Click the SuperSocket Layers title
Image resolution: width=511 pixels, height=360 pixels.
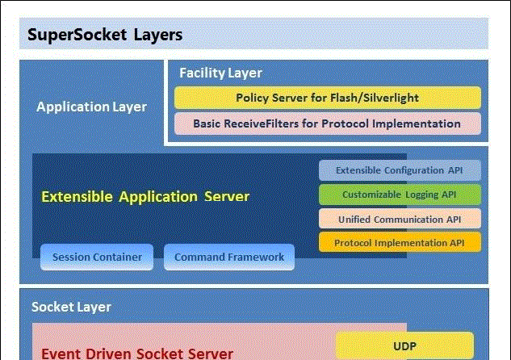click(x=106, y=35)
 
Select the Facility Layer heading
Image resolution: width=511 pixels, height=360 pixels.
click(x=220, y=73)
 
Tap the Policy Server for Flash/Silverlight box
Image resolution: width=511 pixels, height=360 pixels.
click(x=327, y=98)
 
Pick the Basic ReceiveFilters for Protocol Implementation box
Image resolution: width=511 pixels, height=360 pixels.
click(x=327, y=123)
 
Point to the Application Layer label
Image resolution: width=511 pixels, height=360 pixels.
click(x=92, y=107)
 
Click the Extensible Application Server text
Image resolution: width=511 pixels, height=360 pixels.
click(x=145, y=196)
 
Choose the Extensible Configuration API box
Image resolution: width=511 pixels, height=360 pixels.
click(x=400, y=170)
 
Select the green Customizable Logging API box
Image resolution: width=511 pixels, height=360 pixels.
click(x=400, y=195)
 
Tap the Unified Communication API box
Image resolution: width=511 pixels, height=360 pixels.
click(x=400, y=219)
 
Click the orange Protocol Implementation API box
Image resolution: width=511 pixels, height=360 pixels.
click(x=400, y=242)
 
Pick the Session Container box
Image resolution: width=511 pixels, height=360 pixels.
click(x=97, y=257)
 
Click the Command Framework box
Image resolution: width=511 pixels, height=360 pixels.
click(x=229, y=257)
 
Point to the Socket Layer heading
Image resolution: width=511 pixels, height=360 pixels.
click(x=71, y=307)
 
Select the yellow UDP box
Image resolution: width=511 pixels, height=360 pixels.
click(x=404, y=346)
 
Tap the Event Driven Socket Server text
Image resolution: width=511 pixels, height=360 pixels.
click(x=137, y=353)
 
